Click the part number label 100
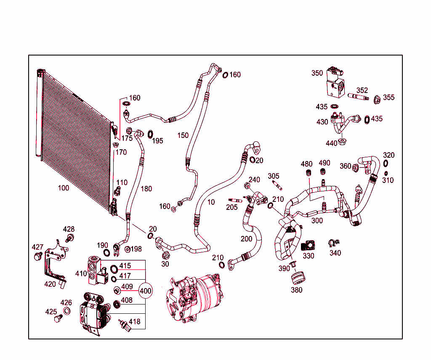tap(64, 188)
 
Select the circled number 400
tap(145, 291)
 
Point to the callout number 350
tap(317, 73)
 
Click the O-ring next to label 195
tap(150, 135)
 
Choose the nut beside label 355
tap(377, 100)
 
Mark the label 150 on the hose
tap(183, 135)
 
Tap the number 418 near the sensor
tap(134, 322)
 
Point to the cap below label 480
tap(308, 173)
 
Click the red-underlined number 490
tap(324, 163)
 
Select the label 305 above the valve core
tap(273, 176)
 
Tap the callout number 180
tap(146, 189)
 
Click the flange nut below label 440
tap(342, 141)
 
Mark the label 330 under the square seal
tap(308, 256)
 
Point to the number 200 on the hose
tap(246, 239)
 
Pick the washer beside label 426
tap(67, 311)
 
